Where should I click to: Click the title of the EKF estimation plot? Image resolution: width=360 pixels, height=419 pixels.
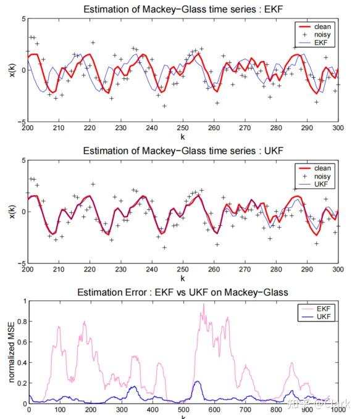pyautogui.click(x=183, y=8)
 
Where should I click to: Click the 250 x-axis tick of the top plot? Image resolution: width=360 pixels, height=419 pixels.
pyautogui.click(x=183, y=128)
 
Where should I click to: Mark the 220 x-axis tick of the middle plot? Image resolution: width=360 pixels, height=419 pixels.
pyautogui.click(x=90, y=270)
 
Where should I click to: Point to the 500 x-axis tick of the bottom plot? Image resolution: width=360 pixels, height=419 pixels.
pyautogui.click(x=183, y=410)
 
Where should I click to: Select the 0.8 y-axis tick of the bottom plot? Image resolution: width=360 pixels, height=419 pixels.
pyautogui.click(x=22, y=322)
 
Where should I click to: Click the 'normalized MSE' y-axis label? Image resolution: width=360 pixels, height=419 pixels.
pyautogui.click(x=10, y=352)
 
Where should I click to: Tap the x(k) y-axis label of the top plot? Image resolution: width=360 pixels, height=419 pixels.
pyautogui.click(x=10, y=70)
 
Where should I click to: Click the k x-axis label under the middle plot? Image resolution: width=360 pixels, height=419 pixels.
pyautogui.click(x=183, y=278)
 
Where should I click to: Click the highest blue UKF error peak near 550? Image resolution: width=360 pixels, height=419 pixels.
pyautogui.click(x=198, y=381)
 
